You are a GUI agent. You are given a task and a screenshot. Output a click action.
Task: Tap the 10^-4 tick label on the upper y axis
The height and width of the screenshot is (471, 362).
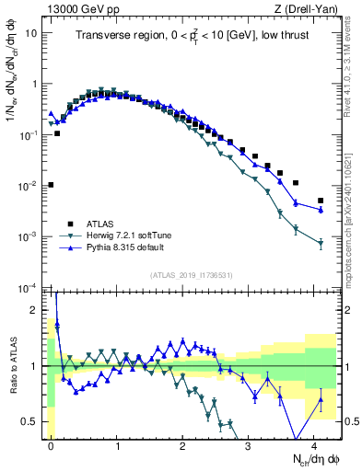pos(28,288)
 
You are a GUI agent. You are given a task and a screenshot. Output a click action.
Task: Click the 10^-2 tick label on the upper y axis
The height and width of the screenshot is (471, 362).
pos(28,186)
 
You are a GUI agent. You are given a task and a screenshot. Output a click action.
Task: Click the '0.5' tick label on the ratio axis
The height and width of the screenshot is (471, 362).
pos(31,421)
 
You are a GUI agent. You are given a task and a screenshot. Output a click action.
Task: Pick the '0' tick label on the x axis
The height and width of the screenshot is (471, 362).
pos(51,444)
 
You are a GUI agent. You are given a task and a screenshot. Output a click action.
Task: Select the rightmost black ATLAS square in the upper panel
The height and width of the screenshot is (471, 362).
pos(321,201)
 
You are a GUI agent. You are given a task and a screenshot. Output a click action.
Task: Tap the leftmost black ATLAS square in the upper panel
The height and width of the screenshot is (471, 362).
pos(51,185)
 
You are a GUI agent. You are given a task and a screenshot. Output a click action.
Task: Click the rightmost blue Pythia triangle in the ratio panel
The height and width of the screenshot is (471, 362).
pos(321,399)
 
